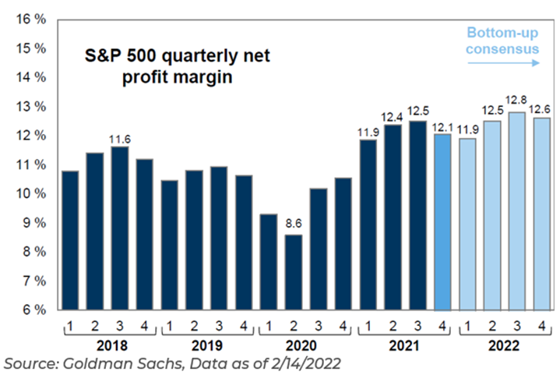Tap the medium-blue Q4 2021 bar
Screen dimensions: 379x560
[x=442, y=221]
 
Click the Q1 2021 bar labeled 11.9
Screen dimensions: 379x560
[x=367, y=225]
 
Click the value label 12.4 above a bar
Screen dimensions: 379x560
[x=392, y=117]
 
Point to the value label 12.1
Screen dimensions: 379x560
[x=442, y=127]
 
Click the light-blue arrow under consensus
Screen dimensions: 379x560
[x=502, y=62]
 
